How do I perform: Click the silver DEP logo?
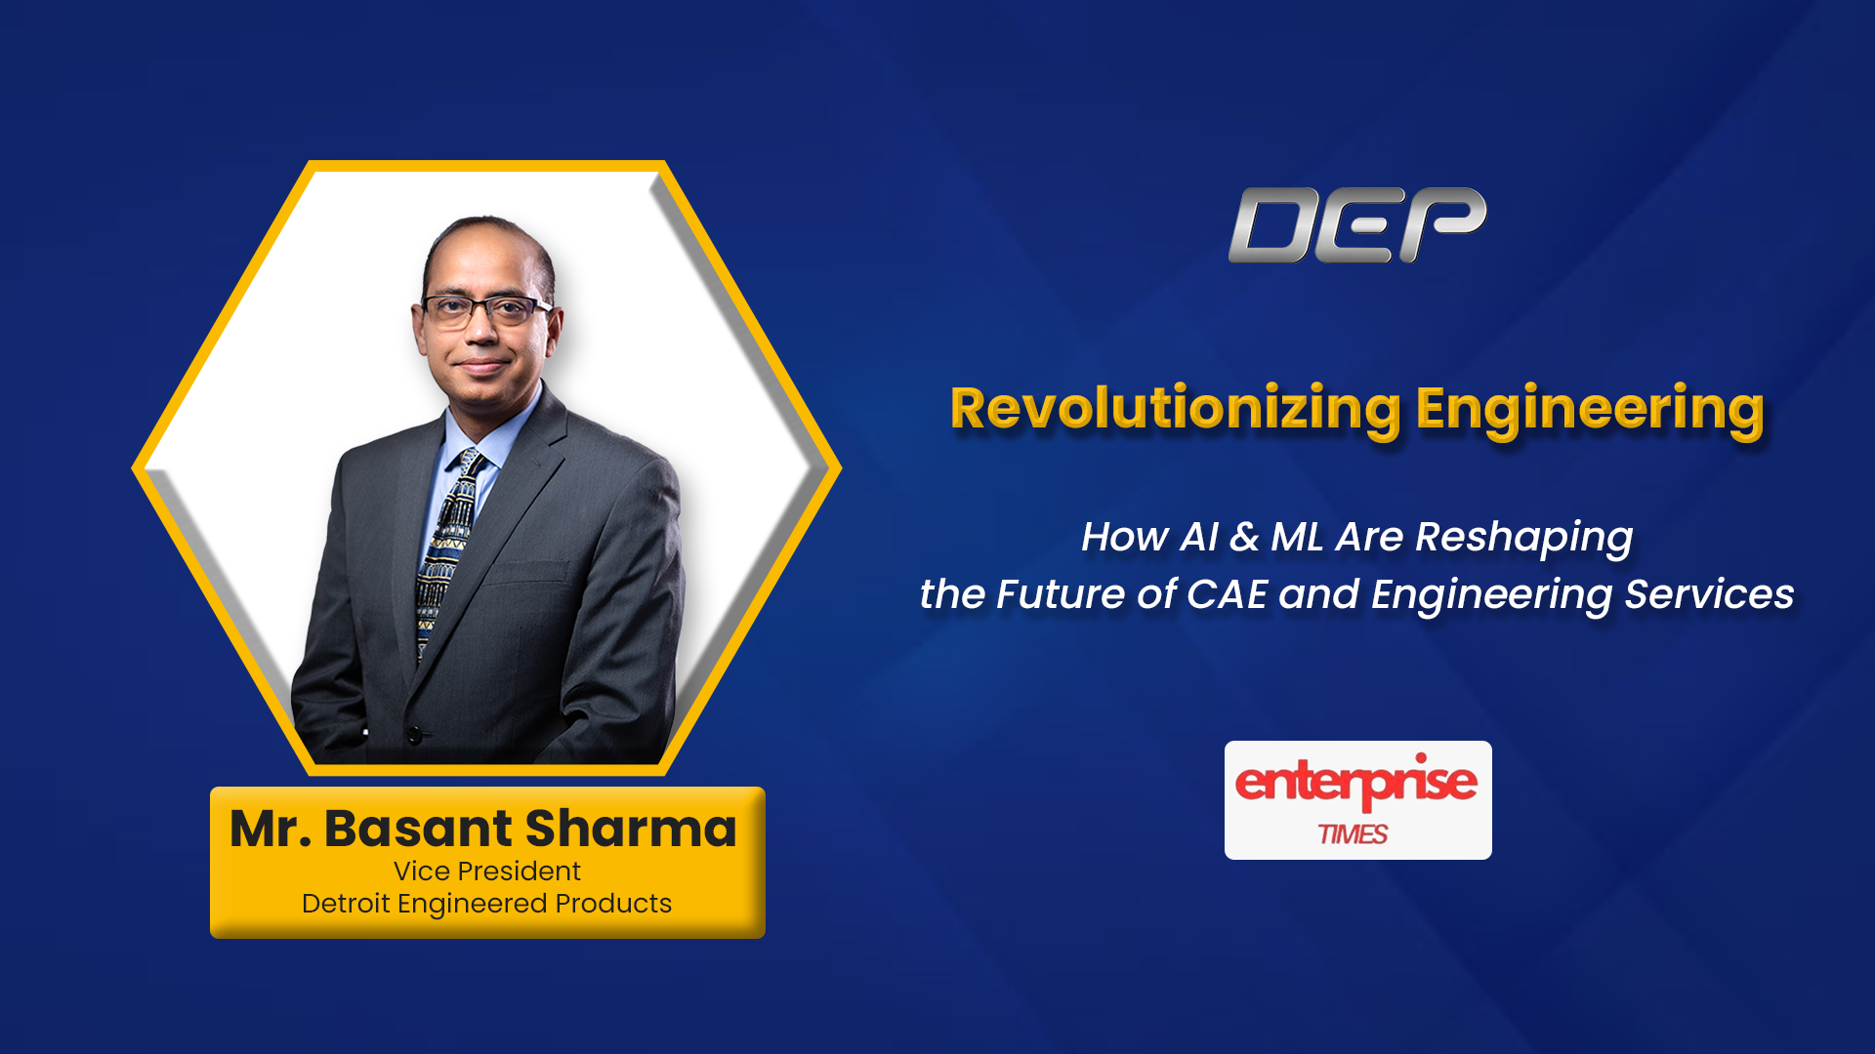click(x=1357, y=225)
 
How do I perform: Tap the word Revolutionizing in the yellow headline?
click(x=1176, y=410)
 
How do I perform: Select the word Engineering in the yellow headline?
click(x=1590, y=410)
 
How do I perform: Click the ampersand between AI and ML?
click(x=1244, y=538)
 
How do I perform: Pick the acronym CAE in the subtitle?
click(x=1227, y=594)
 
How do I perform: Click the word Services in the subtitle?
click(x=1710, y=594)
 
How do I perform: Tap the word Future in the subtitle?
click(x=1060, y=594)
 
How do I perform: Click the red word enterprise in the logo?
click(x=1356, y=782)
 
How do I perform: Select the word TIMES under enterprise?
click(x=1354, y=834)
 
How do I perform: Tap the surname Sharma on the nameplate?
click(x=631, y=829)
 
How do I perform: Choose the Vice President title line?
click(x=487, y=871)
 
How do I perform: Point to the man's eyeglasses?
click(x=484, y=310)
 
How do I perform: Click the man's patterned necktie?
click(x=447, y=551)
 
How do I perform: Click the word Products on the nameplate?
click(x=613, y=904)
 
